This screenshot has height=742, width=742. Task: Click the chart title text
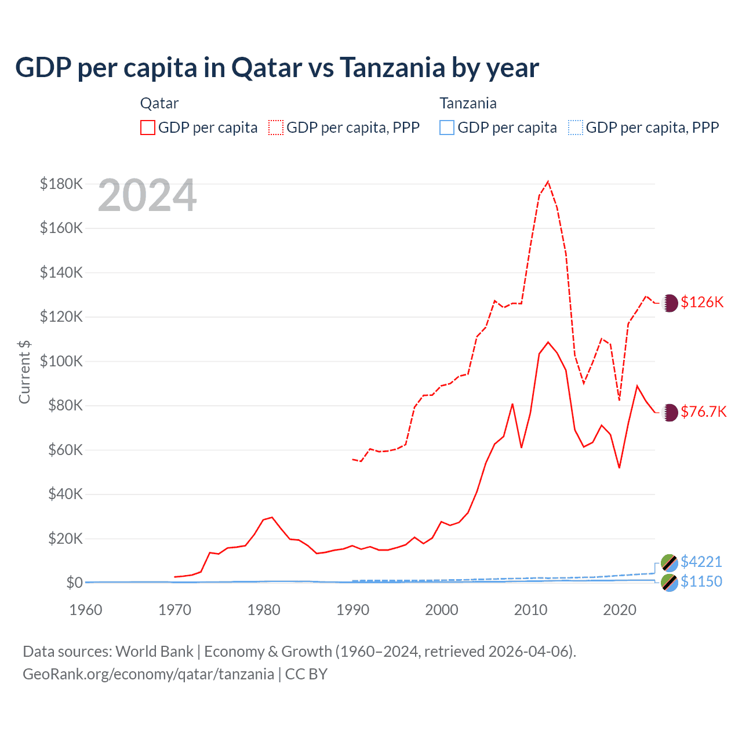(x=277, y=68)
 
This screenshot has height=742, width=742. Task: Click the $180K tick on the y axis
(x=61, y=184)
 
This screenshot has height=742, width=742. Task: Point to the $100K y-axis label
(x=61, y=361)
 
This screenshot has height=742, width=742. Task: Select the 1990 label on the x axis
(x=352, y=610)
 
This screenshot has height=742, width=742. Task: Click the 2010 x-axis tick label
(x=530, y=610)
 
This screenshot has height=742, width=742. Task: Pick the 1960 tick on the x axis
(x=86, y=610)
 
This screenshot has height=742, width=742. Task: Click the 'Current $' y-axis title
(x=24, y=372)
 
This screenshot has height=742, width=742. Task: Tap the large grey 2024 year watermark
(x=147, y=196)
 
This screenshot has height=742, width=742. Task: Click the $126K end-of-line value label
(x=702, y=302)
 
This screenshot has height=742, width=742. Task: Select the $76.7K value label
(x=703, y=412)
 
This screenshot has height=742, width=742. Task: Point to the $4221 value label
(x=701, y=562)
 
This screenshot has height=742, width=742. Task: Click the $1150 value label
(x=701, y=581)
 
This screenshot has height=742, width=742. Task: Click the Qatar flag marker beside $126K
(x=670, y=303)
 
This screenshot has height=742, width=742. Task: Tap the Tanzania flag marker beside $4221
(x=670, y=562)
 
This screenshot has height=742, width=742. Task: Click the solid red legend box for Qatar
(x=148, y=128)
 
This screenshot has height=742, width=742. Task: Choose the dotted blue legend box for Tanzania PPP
(x=576, y=128)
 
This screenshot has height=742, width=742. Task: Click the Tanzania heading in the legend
(x=468, y=103)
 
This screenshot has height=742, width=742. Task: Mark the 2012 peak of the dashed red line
(x=548, y=181)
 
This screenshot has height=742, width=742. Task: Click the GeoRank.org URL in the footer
(x=148, y=674)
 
